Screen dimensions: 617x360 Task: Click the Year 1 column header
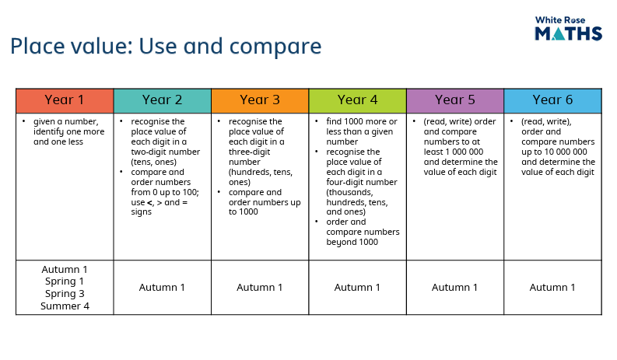[x=65, y=101]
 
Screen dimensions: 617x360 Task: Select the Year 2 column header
[x=163, y=101]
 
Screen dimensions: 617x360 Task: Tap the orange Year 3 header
[x=260, y=101]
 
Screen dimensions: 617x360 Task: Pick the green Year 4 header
[x=358, y=101]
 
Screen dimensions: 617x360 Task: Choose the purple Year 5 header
[x=455, y=101]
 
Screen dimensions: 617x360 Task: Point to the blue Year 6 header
[x=553, y=101]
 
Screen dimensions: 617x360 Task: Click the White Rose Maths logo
[x=568, y=28]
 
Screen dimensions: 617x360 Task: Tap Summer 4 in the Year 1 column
[x=65, y=306]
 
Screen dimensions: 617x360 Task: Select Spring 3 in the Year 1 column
[x=65, y=293]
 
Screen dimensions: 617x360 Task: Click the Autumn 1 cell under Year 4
[x=357, y=288]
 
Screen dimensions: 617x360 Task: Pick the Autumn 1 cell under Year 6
[x=552, y=288]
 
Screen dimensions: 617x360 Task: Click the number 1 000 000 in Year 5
[x=462, y=152]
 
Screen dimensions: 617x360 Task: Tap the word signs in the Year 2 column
[x=142, y=212]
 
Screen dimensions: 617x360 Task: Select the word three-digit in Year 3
[x=250, y=152]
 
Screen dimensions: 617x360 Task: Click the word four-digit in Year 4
[x=362, y=182]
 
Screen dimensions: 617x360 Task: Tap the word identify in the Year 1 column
[x=48, y=132]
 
